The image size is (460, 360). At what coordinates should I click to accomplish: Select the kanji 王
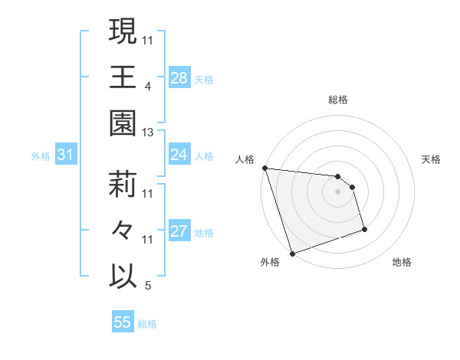point(123,77)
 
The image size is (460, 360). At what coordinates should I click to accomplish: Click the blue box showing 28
point(179,77)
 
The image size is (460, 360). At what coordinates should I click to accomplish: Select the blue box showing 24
point(179,155)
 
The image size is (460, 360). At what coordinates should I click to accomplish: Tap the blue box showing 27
point(179,231)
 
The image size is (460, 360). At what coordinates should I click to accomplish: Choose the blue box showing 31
point(66,155)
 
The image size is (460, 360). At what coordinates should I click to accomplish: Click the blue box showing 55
point(123,322)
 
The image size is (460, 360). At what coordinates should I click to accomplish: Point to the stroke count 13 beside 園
point(148,133)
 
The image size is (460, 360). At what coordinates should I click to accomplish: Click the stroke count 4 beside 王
point(148,87)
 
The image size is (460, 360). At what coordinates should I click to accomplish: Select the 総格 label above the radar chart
point(338,100)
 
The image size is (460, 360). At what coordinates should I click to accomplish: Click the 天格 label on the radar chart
point(431,159)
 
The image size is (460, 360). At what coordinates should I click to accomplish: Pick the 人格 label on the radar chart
point(245,159)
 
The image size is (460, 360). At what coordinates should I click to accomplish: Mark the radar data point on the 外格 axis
point(292,253)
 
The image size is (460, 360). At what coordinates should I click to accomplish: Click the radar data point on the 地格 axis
point(364,229)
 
